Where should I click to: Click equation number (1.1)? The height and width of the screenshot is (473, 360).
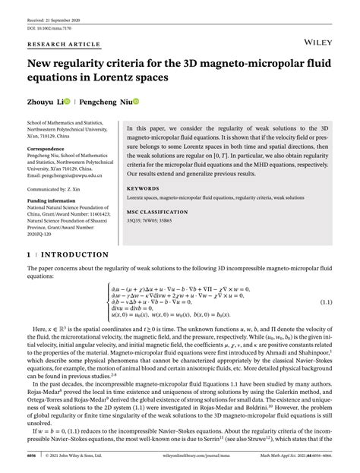[x=325, y=302]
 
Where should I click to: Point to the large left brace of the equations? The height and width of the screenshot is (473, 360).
[x=107, y=302]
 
